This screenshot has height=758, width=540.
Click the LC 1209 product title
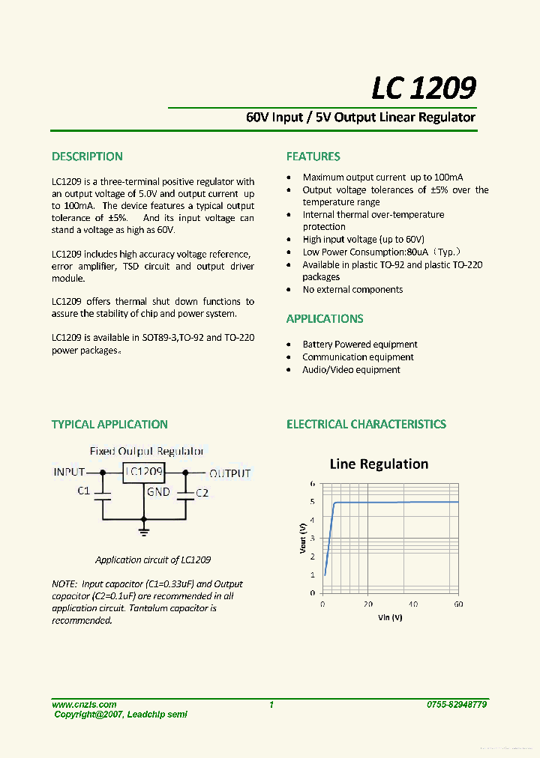424,88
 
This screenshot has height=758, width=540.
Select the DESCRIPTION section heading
87,157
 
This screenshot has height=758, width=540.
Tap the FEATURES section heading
313,157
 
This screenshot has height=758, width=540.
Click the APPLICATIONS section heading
324,318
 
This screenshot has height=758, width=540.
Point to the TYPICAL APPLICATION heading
109,424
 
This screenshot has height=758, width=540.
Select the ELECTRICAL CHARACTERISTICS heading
366,424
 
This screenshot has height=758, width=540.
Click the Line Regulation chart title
379,464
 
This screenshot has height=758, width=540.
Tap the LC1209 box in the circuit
144,472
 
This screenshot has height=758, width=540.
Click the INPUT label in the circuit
69,473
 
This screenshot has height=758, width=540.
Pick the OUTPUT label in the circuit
229,473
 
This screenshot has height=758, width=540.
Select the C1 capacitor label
84,491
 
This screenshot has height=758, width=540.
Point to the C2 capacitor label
202,493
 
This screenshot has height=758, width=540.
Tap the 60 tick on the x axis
458,604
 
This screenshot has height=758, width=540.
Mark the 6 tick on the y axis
313,484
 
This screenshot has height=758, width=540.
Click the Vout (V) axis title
303,539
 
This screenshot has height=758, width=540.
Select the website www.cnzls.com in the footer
84,704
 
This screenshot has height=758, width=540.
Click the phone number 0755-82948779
456,704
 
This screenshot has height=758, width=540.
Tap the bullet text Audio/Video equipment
351,370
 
